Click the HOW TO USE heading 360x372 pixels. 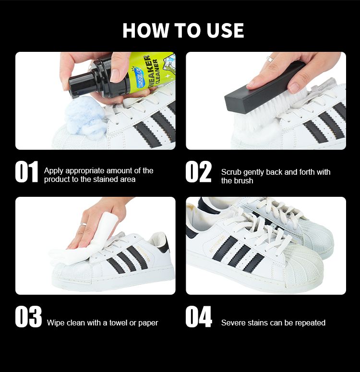coord(183,30)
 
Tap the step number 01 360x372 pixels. coord(26,171)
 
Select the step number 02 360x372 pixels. coord(198,171)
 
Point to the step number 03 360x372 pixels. coord(28,316)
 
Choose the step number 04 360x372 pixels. coord(199,316)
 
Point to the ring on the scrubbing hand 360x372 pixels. coord(270,59)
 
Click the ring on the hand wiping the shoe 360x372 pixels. coord(84,224)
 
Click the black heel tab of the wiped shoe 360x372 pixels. coord(165,244)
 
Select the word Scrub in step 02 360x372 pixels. coord(231,172)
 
